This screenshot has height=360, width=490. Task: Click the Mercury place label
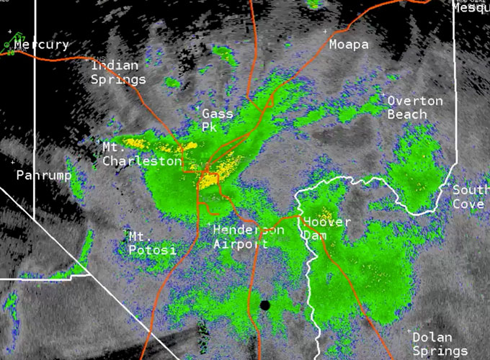(x=41, y=45)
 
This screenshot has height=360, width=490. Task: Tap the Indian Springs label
(x=119, y=73)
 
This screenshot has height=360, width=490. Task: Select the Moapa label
(x=349, y=45)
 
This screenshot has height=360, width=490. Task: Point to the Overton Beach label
(x=415, y=107)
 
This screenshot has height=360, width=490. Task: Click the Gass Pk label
(x=217, y=120)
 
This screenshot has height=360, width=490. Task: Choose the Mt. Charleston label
(x=142, y=154)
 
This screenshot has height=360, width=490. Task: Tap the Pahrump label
(x=44, y=175)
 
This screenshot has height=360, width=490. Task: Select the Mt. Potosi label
(x=152, y=243)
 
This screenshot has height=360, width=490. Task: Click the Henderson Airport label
(x=249, y=236)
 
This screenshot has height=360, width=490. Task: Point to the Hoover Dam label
(x=326, y=228)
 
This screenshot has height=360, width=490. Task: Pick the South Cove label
(x=471, y=197)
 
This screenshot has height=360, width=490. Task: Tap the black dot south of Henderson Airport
(x=265, y=305)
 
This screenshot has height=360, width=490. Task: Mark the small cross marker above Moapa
(x=324, y=31)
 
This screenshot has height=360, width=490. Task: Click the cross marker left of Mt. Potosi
(x=126, y=233)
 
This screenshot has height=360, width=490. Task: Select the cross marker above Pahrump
(x=19, y=163)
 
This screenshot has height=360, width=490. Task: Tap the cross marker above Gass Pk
(x=200, y=107)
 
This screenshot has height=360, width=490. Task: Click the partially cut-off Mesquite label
(x=471, y=8)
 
